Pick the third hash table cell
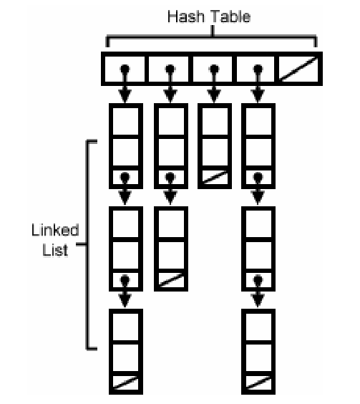[215, 69]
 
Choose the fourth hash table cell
[259, 69]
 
